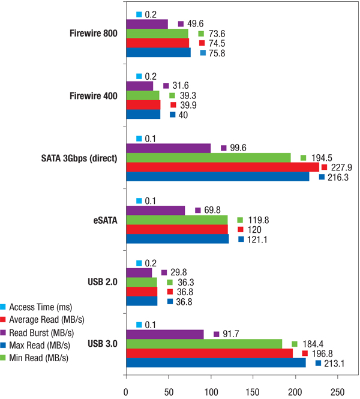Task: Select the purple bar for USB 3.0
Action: (x=165, y=334)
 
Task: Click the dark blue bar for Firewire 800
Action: (x=158, y=53)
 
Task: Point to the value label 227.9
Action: (x=340, y=167)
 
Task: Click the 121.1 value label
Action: (x=257, y=239)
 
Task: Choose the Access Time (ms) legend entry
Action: (x=43, y=306)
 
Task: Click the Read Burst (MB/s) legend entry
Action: (x=43, y=332)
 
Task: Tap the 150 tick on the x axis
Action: (x=253, y=391)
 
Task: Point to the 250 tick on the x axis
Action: (x=338, y=391)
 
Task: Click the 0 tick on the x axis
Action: (x=126, y=391)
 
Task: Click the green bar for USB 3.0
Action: (x=204, y=344)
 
